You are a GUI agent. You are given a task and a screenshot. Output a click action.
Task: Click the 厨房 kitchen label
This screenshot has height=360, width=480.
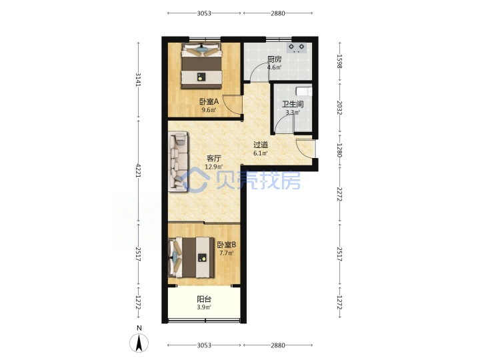coord(274,59)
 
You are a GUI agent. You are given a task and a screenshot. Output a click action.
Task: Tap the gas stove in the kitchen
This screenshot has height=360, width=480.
coord(297,47)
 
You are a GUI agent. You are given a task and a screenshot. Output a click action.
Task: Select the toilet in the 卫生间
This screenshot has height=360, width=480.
coord(304,91)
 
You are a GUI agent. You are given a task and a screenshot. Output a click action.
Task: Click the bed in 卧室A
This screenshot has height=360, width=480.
coord(201,66)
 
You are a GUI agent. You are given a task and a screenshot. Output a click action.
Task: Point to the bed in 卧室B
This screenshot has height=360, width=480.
coord(191,257)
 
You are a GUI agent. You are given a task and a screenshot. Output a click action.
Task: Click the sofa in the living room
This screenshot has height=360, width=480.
coord(178,161)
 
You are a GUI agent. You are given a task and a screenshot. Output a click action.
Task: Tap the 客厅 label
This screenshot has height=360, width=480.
coord(214,158)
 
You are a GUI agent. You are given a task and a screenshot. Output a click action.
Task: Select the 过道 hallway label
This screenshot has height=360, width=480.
coord(261,145)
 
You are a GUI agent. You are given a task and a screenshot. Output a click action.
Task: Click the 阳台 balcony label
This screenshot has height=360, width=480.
coord(204,299)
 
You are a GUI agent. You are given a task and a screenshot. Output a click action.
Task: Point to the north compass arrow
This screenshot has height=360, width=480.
coord(139,343)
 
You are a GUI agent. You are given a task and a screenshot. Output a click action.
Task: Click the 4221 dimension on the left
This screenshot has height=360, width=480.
coord(139,171)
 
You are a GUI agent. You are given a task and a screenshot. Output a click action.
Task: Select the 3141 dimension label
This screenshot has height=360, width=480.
coord(139,79)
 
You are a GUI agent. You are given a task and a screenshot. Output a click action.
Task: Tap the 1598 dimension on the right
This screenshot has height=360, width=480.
coord(339,61)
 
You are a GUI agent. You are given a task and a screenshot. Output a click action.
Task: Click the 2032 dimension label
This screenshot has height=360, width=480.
coord(339,108)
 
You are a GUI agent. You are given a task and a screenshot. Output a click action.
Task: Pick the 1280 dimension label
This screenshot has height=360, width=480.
coord(339,150)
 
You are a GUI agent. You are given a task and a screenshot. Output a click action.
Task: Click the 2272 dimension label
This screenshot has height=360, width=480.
coord(339,194)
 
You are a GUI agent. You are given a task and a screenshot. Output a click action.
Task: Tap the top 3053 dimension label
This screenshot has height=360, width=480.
coord(204,13)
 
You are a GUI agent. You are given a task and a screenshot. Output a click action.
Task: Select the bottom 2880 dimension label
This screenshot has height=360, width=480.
coord(277,345)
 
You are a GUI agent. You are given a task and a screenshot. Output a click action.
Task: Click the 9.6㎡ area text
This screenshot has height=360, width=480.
coord(209,110)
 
